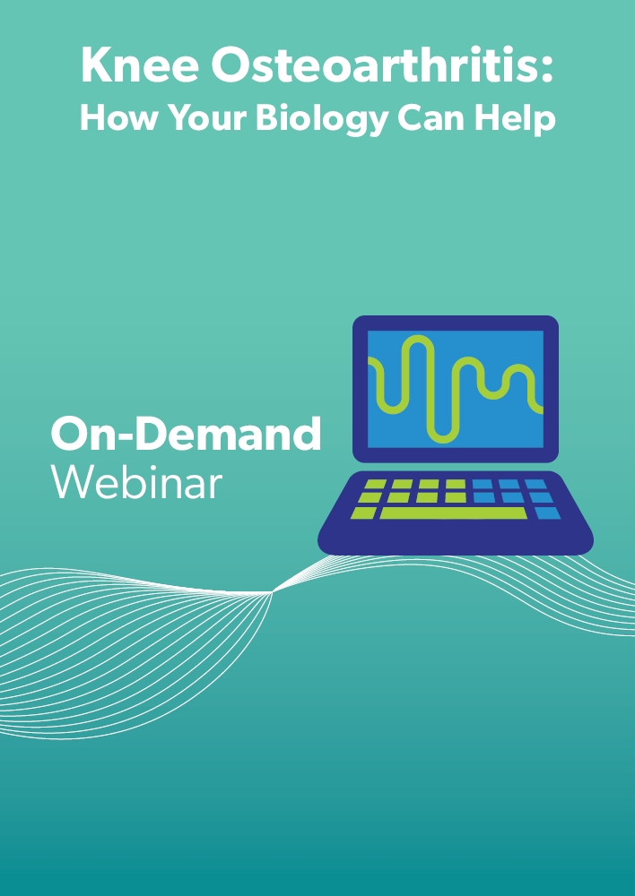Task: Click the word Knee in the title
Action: pyautogui.click(x=140, y=65)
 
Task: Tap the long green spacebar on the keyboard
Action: pyautogui.click(x=453, y=513)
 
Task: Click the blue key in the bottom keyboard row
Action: pyautogui.click(x=547, y=513)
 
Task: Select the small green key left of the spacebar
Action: pyautogui.click(x=363, y=513)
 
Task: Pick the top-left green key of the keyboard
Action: pyautogui.click(x=375, y=485)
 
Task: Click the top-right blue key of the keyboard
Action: pyautogui.click(x=535, y=485)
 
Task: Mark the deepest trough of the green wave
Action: pyautogui.click(x=443, y=440)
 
